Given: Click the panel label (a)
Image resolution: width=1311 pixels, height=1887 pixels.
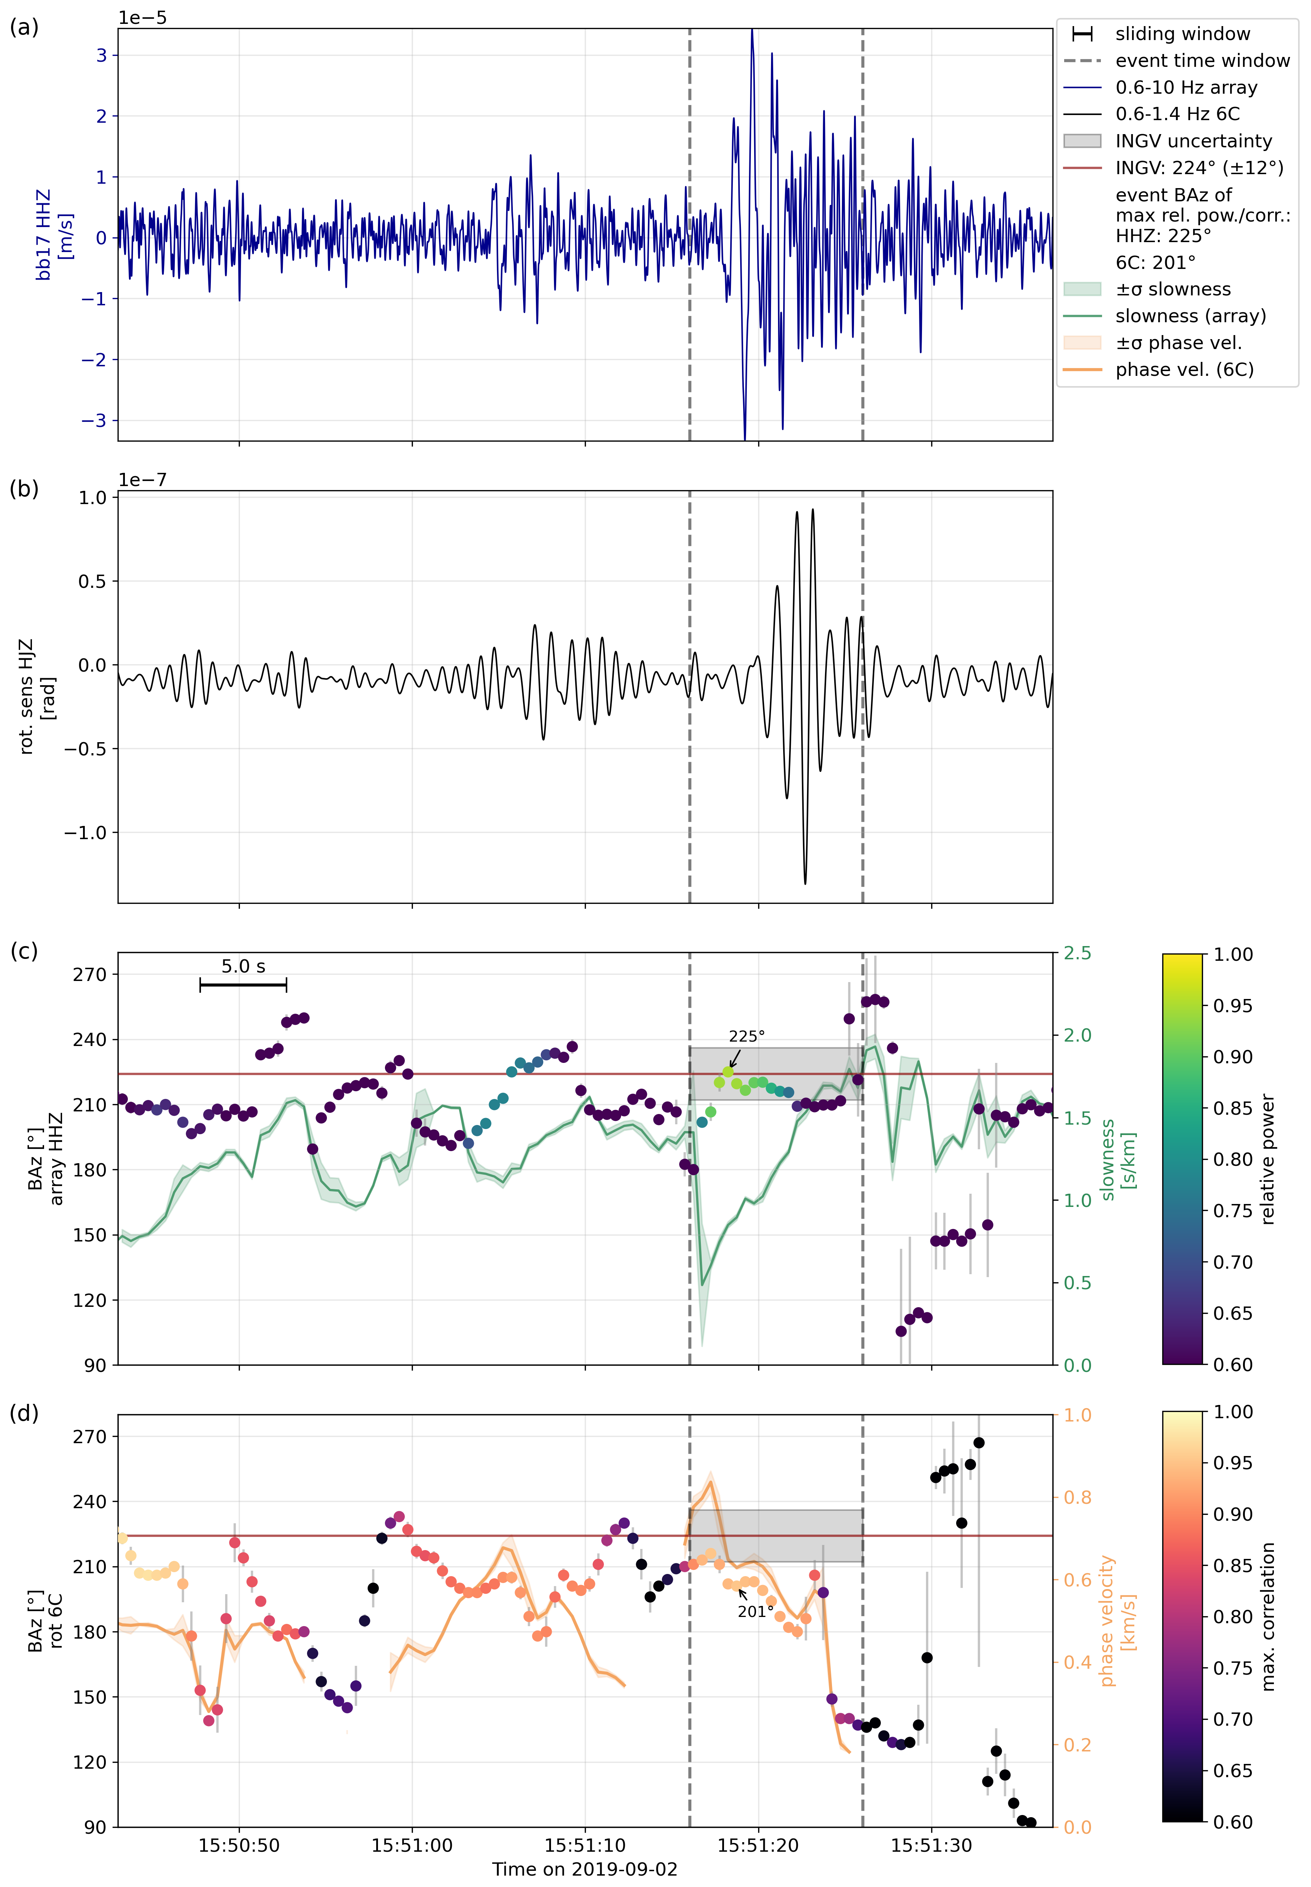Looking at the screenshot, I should coord(24,28).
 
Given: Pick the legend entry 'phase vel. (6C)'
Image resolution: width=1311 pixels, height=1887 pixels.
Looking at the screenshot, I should coord(1184,370).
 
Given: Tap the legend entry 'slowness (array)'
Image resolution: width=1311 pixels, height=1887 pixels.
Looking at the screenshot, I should coord(1190,316).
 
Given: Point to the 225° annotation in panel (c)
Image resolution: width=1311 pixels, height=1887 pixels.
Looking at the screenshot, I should coord(747,1037).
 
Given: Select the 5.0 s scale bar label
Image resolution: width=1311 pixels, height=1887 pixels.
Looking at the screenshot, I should coord(243,967).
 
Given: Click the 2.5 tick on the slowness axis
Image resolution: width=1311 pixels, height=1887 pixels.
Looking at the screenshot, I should coord(1077,954).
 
